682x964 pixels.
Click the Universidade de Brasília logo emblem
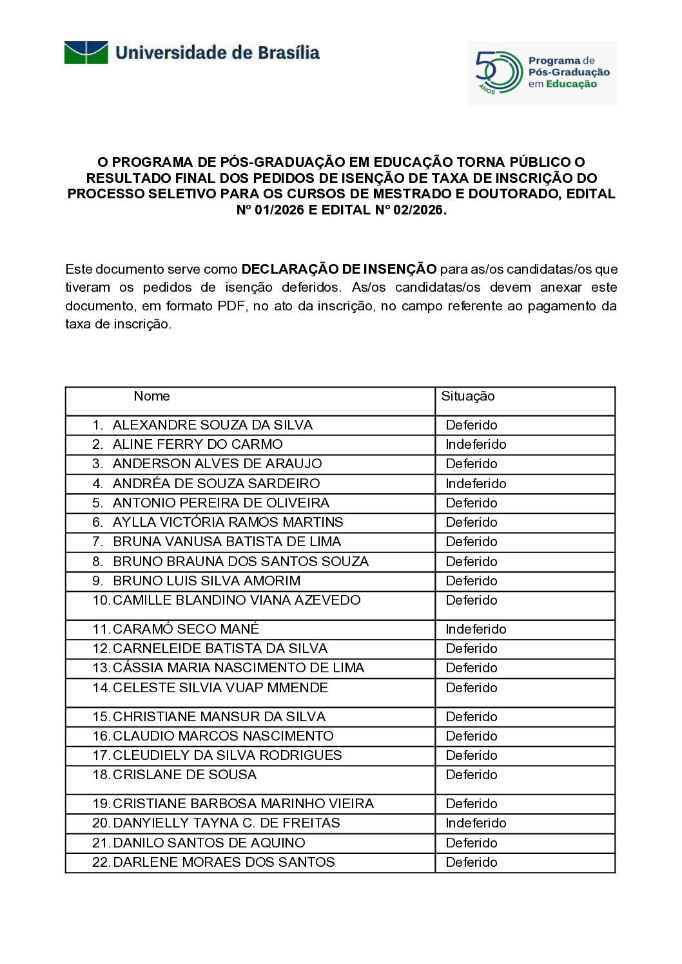[x=86, y=52]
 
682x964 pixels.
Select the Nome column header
[x=151, y=397]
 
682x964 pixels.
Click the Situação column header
[x=467, y=397]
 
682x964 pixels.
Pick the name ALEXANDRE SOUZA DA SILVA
[x=212, y=425]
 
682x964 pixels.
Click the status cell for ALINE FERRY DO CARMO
[x=476, y=444]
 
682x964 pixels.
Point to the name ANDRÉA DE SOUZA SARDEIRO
[x=216, y=484]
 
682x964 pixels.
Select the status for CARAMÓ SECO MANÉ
[x=476, y=629]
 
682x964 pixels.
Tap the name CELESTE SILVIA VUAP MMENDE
[x=220, y=688]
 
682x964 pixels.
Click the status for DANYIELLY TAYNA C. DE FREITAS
[x=476, y=823]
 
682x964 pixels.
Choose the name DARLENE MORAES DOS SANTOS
[x=224, y=862]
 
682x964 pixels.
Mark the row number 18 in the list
[x=101, y=775]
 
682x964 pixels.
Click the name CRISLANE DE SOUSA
[x=184, y=775]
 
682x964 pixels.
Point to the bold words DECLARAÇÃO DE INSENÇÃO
[x=338, y=269]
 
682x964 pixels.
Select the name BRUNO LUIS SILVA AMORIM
[x=206, y=581]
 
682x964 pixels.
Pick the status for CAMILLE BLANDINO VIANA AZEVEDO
[x=471, y=600]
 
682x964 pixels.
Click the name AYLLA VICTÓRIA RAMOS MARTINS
[x=228, y=522]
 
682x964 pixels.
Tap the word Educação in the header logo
[x=571, y=84]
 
